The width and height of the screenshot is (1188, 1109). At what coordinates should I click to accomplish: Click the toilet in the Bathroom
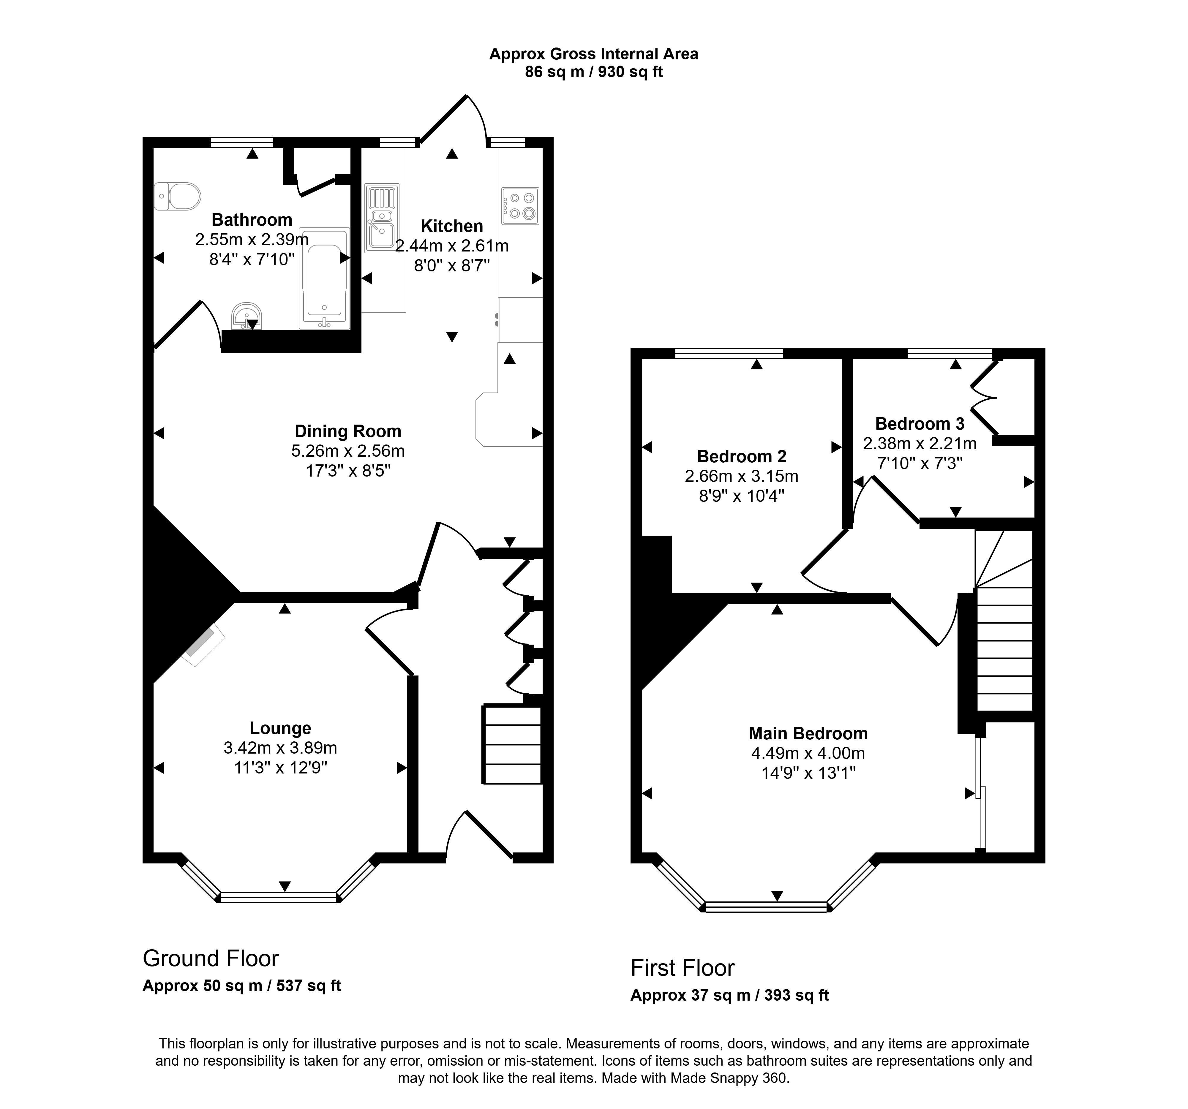click(x=177, y=196)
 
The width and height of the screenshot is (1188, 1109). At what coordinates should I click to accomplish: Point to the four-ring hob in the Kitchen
click(x=521, y=206)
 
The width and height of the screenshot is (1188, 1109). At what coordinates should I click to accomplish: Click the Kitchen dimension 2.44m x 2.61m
click(x=452, y=246)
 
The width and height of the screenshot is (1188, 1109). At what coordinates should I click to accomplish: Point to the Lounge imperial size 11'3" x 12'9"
click(x=280, y=767)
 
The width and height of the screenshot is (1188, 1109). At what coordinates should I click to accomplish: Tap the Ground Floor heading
click(x=210, y=958)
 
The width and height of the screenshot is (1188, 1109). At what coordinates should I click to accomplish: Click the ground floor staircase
click(x=512, y=744)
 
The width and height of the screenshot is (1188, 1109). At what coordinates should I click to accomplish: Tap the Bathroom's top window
click(x=241, y=142)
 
